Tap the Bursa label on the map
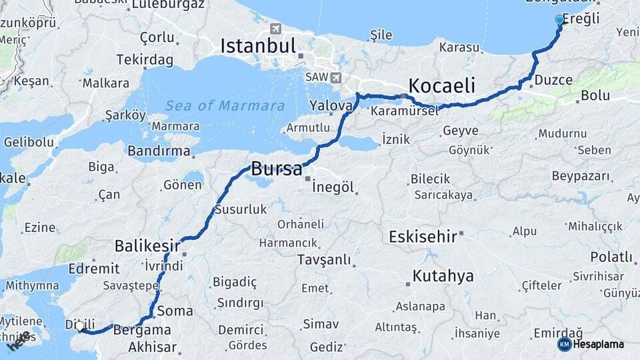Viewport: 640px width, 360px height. pos(276,169)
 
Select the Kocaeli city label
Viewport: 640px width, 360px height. pos(441,85)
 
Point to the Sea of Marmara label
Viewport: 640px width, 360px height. pos(225,105)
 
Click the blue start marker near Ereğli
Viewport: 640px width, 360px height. pos(559,20)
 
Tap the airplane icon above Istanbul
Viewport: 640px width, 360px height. pos(276,29)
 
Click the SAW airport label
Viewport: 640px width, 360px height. pos(317,77)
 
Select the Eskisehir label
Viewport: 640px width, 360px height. pos(423,236)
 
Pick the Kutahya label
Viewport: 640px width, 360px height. pos(443,275)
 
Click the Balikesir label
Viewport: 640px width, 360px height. pos(147,245)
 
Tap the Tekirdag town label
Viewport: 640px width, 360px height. pos(145,60)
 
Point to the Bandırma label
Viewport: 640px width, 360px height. pos(159,151)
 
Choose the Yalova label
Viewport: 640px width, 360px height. pos(330,105)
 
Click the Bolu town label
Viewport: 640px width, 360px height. pos(595,95)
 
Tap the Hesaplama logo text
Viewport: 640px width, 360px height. pos(599,344)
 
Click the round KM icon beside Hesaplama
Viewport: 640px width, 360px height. pos(564,344)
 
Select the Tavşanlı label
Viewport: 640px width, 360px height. pos(324,259)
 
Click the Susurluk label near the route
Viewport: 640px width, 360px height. pos(241,209)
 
